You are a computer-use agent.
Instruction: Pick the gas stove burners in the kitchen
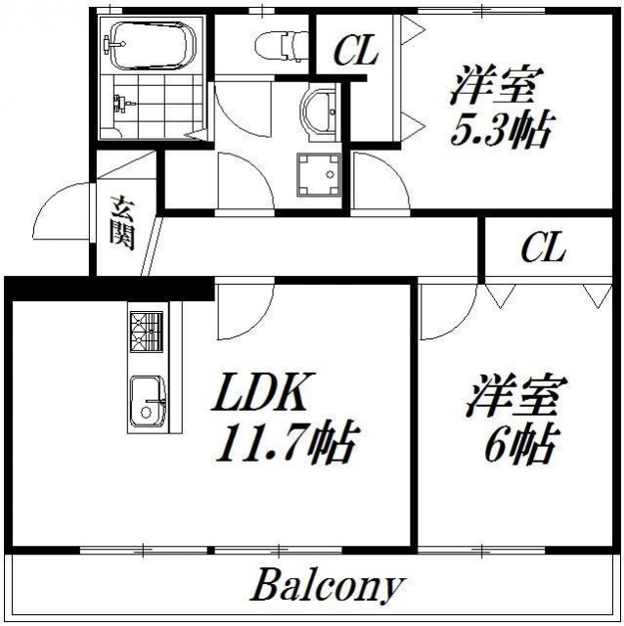[148, 332]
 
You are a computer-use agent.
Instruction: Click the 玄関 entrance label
[122, 224]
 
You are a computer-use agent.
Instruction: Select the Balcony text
[327, 587]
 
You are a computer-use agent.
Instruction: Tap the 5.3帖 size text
[500, 129]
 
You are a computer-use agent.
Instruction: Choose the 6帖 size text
[518, 445]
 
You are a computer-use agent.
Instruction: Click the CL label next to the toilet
[355, 51]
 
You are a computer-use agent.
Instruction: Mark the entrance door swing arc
[56, 210]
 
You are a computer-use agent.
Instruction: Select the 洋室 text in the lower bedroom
[515, 396]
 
